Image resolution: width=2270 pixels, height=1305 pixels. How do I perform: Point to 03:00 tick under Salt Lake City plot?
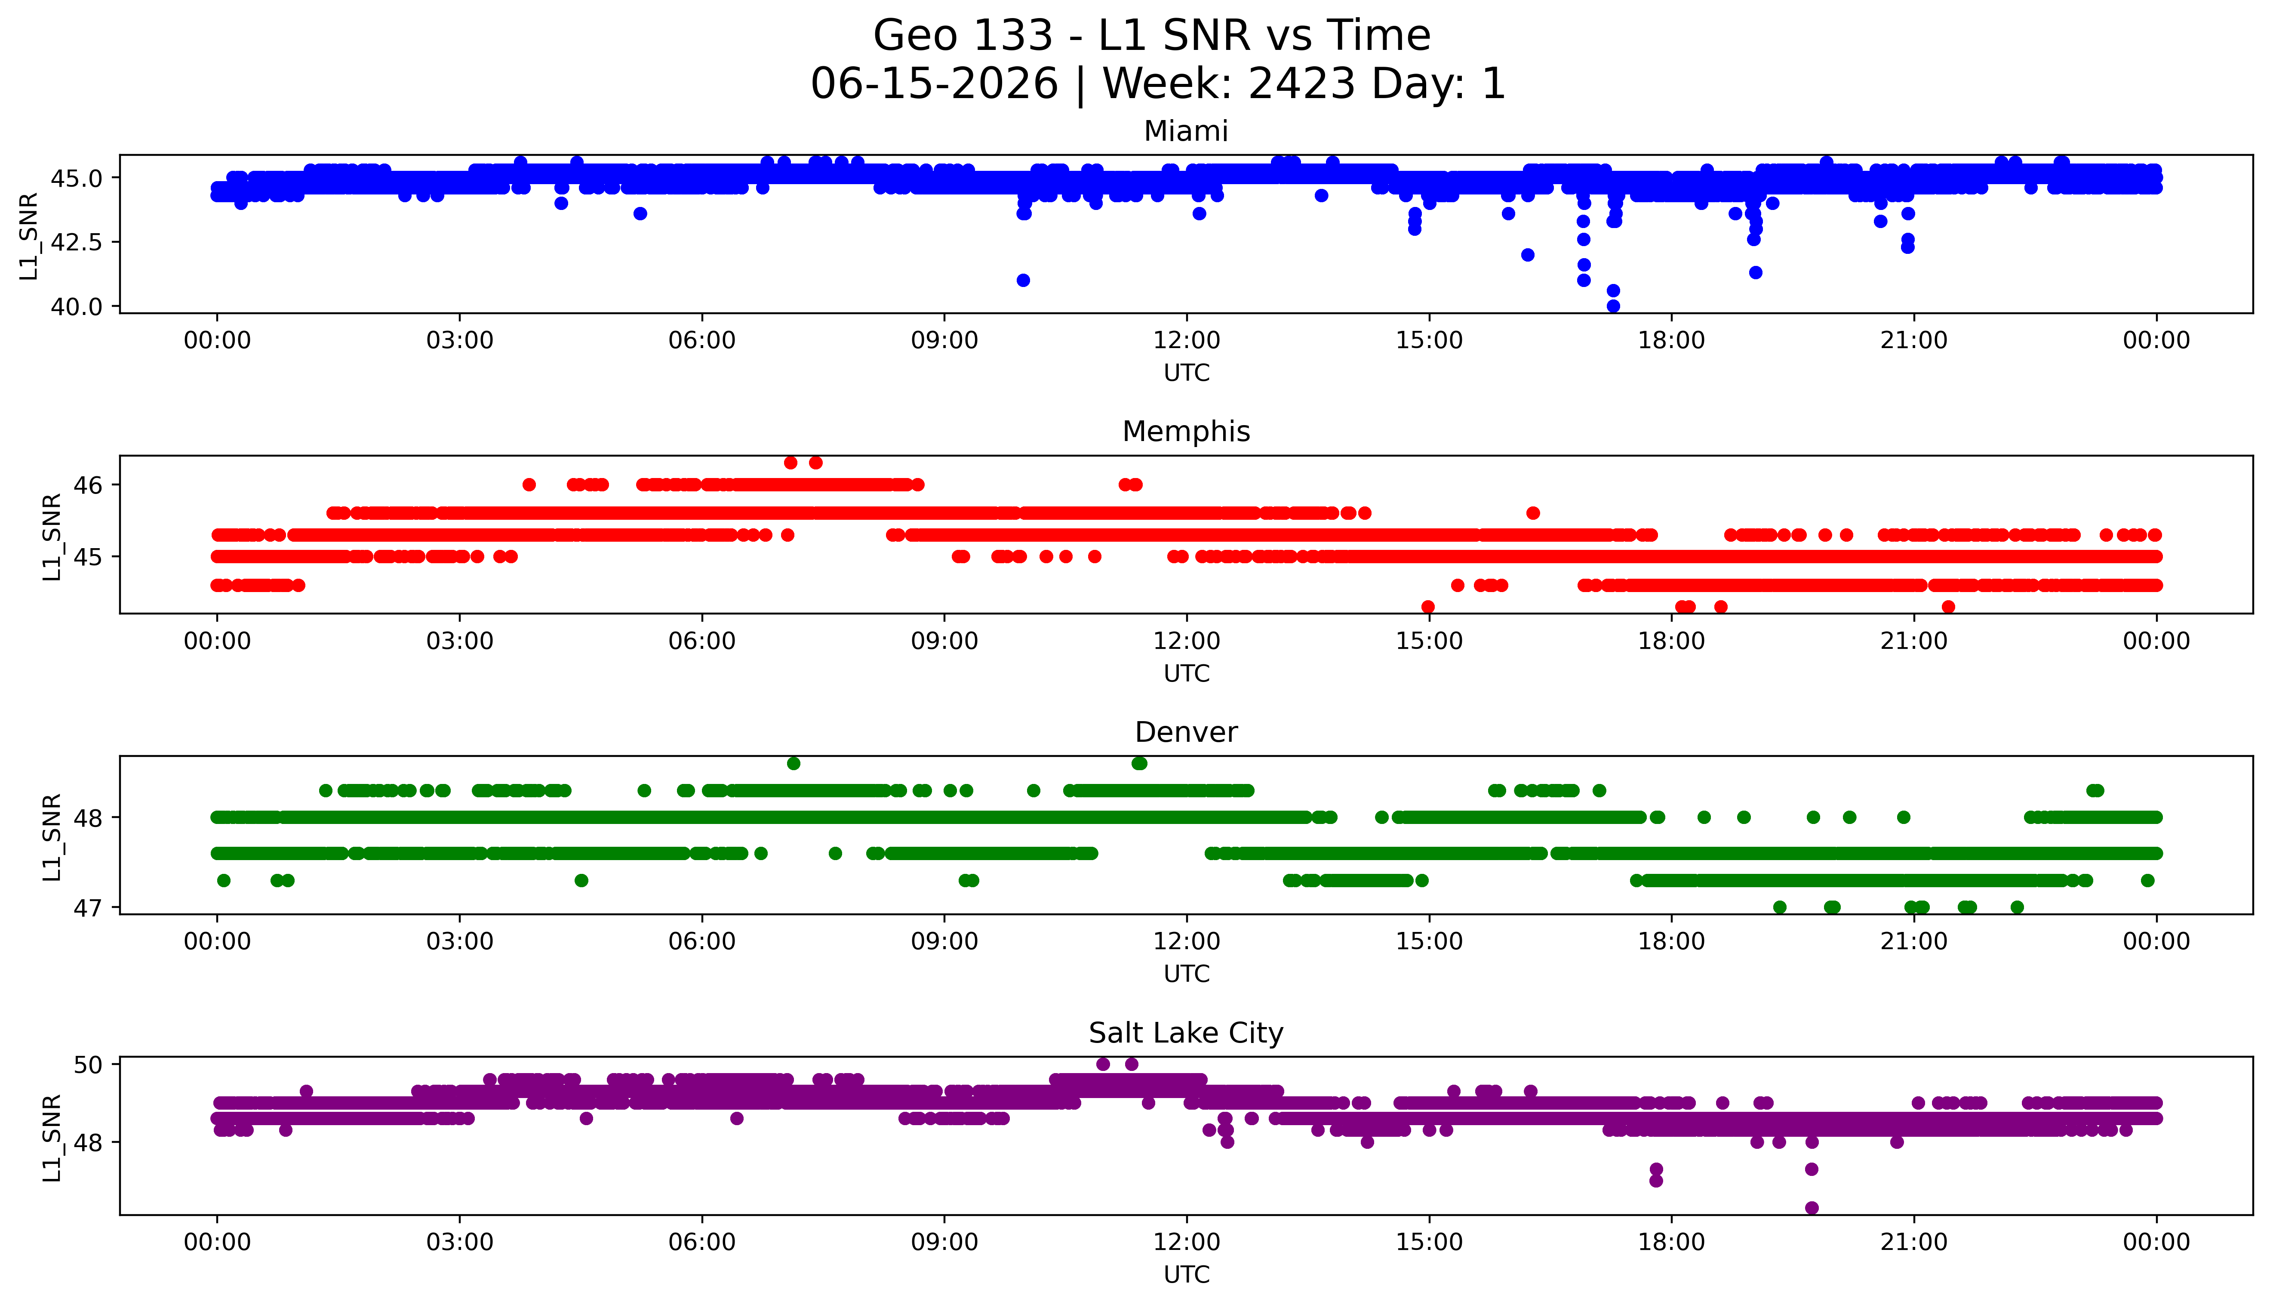click(x=460, y=1242)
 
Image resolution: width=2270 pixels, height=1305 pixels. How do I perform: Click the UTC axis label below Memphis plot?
click(x=1186, y=673)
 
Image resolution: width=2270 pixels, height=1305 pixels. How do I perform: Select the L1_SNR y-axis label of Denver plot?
click(x=52, y=837)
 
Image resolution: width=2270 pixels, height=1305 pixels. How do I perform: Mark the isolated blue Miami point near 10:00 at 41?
click(x=1023, y=281)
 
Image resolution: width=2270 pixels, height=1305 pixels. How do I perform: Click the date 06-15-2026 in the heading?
click(x=934, y=84)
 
